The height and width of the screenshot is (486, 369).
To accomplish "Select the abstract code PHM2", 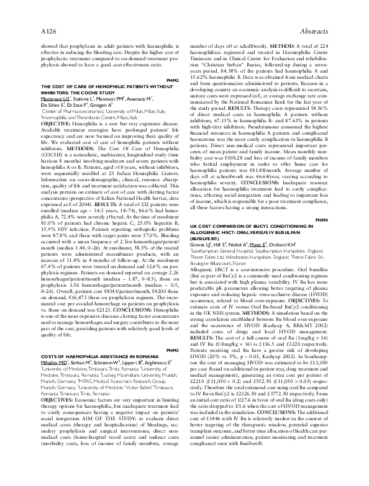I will tap(173, 81).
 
